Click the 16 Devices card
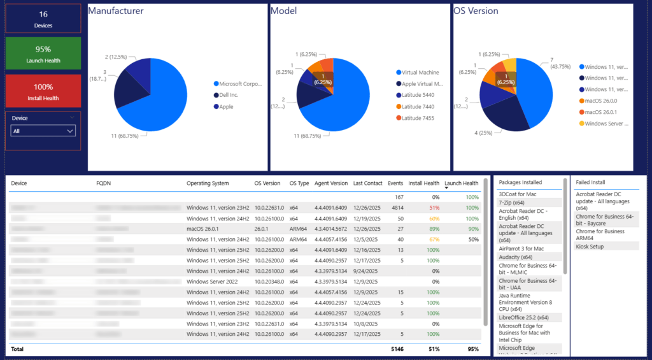point(43,19)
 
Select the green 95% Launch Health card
point(43,54)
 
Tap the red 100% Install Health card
point(43,91)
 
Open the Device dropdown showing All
point(43,131)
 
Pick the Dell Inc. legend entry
point(232,95)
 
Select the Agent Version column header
point(330,184)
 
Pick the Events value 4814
point(397,208)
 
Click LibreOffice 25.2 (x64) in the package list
point(524,317)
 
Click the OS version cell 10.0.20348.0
point(269,282)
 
